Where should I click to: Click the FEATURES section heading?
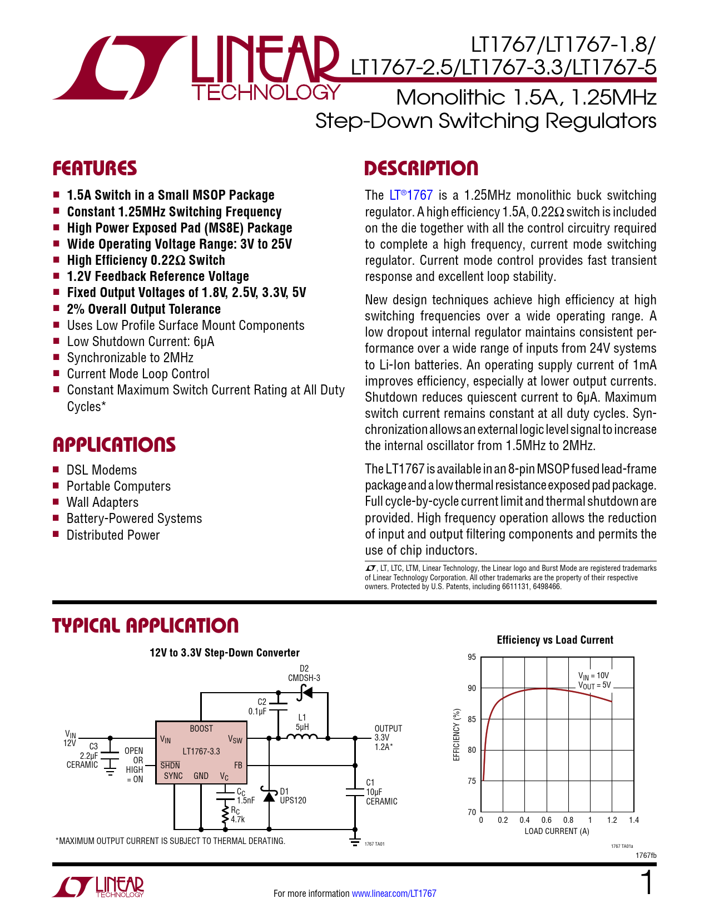click(x=95, y=169)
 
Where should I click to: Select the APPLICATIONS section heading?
click(x=114, y=445)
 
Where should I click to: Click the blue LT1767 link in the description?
click(x=411, y=195)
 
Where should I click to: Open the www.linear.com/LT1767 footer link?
click(x=394, y=894)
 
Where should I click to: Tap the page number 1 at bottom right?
click(x=647, y=883)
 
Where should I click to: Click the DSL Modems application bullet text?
click(x=102, y=470)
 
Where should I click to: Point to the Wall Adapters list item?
click(x=102, y=502)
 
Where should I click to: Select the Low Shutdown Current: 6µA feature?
click(x=141, y=342)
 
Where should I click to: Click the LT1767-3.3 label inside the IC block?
click(x=201, y=751)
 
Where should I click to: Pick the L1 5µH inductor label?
click(x=302, y=722)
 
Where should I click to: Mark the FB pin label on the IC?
click(x=238, y=765)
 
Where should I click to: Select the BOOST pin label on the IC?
click(x=201, y=728)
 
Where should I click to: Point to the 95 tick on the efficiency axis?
click(x=472, y=657)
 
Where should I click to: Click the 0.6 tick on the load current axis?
click(x=547, y=820)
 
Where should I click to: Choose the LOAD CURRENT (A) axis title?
click(x=557, y=831)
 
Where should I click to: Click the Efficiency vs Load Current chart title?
click(x=555, y=640)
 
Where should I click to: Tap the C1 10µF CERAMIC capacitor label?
click(x=381, y=792)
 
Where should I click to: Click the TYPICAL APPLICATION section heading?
click(x=146, y=625)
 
